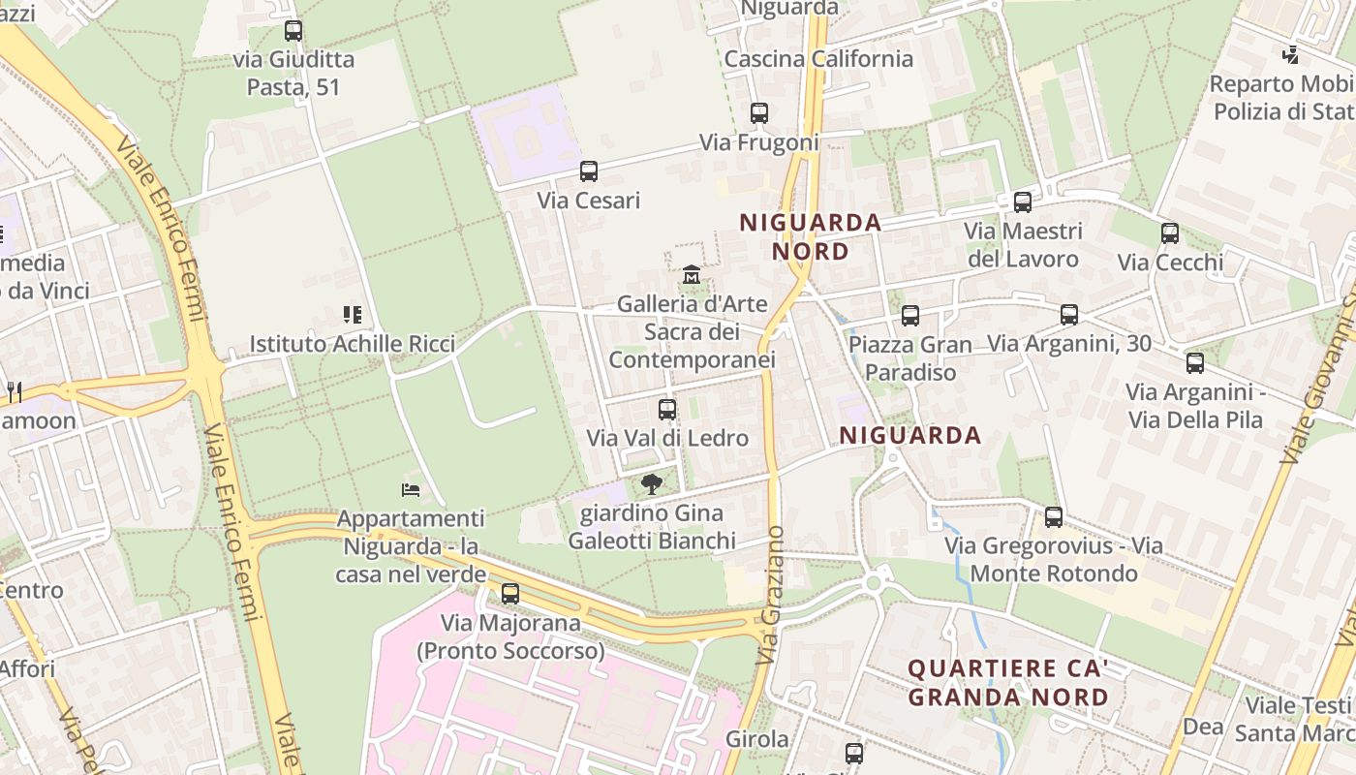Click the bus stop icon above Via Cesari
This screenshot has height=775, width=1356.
tap(588, 171)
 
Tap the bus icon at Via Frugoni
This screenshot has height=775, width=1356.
tap(759, 113)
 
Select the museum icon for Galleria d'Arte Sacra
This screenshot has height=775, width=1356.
tap(691, 276)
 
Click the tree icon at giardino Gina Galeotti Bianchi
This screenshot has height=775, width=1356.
tap(652, 483)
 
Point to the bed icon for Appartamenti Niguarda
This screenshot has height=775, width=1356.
tap(411, 490)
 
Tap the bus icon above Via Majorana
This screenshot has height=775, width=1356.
tap(510, 594)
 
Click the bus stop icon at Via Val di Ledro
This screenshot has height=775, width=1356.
tap(666, 410)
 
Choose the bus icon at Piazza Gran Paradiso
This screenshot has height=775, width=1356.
tap(909, 316)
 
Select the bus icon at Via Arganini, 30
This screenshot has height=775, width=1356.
tap(1069, 315)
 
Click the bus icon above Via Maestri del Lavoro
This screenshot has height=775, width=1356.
tap(1023, 202)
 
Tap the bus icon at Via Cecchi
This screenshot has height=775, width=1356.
tap(1170, 233)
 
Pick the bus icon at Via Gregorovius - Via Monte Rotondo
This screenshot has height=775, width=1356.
tap(1054, 517)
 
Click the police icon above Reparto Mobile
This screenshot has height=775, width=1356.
tap(1290, 55)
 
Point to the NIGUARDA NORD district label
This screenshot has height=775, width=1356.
tap(810, 237)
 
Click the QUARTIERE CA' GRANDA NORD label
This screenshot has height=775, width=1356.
tap(1008, 682)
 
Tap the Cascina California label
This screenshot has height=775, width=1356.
tap(818, 59)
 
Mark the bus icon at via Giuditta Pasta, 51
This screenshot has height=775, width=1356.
tap(293, 31)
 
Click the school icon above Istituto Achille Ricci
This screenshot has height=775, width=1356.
tap(352, 315)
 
